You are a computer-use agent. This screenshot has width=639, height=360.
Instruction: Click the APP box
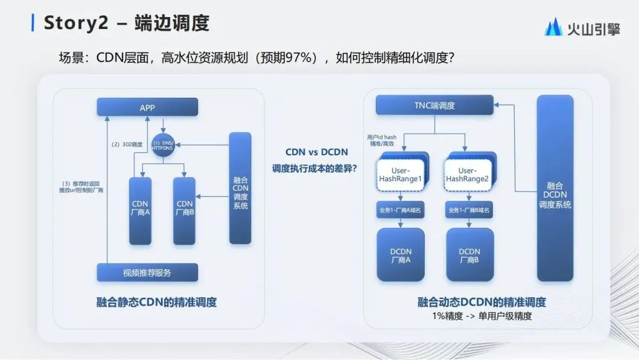[147, 107]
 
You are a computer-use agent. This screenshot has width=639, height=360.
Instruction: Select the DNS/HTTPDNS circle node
[163, 144]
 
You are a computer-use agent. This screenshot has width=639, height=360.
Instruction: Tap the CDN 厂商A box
[140, 211]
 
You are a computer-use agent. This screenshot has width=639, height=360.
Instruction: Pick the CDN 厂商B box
[184, 211]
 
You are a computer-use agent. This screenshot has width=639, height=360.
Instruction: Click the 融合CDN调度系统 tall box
[240, 188]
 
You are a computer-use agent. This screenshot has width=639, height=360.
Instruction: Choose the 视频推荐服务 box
[147, 272]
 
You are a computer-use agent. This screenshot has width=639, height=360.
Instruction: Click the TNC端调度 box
[434, 106]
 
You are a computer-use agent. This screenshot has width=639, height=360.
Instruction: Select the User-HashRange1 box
[402, 175]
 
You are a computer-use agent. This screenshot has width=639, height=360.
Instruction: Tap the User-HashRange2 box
[469, 175]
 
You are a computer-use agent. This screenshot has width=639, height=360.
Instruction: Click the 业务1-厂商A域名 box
[401, 210]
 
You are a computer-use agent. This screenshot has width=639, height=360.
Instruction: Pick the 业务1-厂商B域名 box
[469, 210]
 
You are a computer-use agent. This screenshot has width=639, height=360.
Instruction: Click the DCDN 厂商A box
[401, 255]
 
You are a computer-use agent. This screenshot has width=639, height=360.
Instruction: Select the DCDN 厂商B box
[470, 255]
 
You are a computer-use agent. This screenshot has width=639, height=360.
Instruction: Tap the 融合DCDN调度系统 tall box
[555, 188]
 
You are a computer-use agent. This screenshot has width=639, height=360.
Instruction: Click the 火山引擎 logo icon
[553, 27]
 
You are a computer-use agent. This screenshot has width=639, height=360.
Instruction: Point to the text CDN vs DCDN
[317, 152]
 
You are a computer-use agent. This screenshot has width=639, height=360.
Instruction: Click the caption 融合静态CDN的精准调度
[156, 302]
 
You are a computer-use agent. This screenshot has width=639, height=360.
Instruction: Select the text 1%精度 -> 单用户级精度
[482, 316]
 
